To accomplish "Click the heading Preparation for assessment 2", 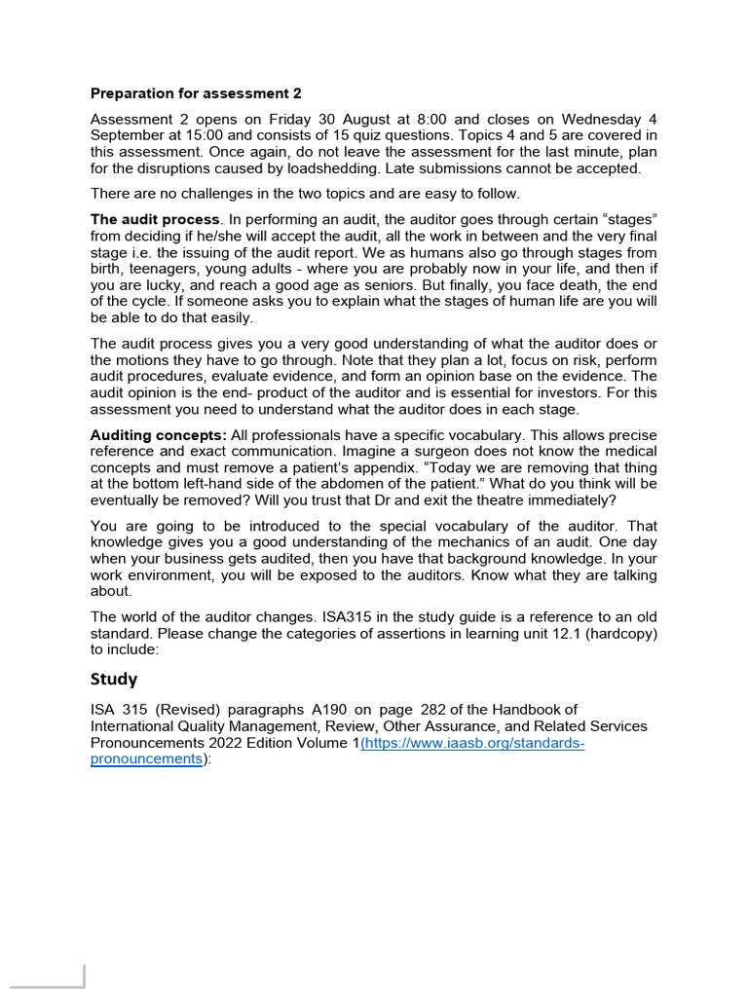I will coord(196,93).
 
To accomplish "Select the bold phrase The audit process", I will coord(155,219).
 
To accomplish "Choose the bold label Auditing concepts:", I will coord(159,434).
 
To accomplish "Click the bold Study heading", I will coord(114,679).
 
